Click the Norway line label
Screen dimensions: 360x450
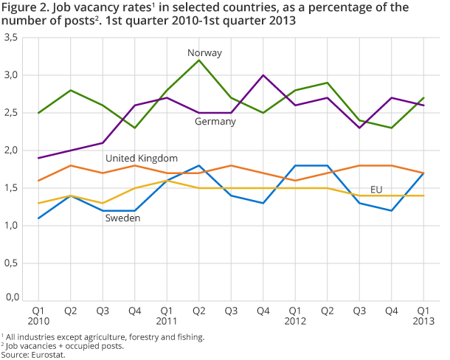tap(204, 53)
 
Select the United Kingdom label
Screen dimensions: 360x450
tap(142, 159)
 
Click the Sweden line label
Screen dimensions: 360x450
tap(122, 219)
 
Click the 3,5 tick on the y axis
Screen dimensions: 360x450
tap(12, 38)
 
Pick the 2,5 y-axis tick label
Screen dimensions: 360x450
tap(12, 113)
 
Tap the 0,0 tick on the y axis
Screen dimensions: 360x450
tap(12, 299)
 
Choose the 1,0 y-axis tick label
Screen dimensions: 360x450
tap(12, 225)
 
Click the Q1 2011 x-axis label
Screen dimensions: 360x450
tap(167, 316)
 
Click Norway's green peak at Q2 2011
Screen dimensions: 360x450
tap(199, 60)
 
